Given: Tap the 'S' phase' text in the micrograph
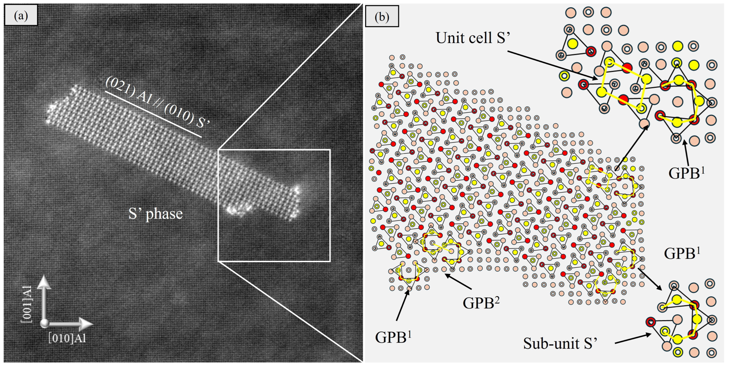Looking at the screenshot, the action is pos(155,214).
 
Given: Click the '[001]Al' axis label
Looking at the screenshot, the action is pos(27,304).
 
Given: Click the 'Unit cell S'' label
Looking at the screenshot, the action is pos(473,38).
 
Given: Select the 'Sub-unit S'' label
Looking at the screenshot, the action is pos(560,343).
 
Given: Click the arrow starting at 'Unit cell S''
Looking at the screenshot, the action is pos(552,65).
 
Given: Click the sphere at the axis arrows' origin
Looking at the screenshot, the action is pos(44,323).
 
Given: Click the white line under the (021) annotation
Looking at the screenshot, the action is pos(153,114).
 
